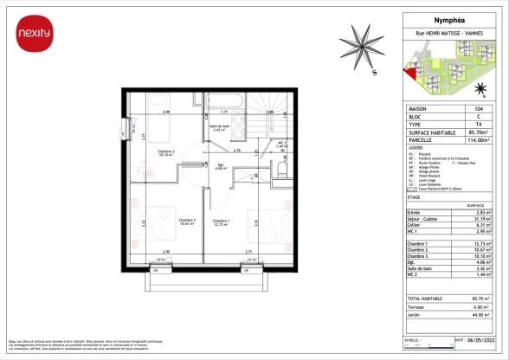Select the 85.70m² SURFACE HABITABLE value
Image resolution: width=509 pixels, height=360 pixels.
pyautogui.click(x=477, y=132)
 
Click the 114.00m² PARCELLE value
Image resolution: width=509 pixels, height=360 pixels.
pyautogui.click(x=477, y=138)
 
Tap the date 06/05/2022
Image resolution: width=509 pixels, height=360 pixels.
pyautogui.click(x=475, y=342)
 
